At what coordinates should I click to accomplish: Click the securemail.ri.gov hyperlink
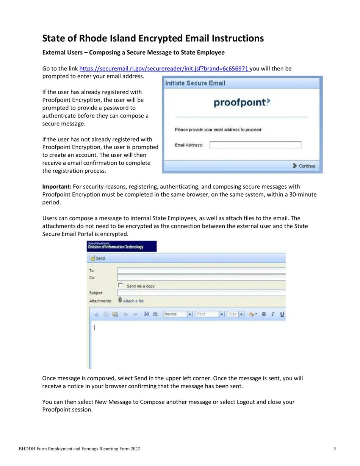[164, 69]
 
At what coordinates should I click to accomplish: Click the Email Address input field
[255, 145]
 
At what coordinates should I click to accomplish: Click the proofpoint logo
[242, 103]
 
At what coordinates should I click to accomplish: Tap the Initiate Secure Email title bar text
[195, 83]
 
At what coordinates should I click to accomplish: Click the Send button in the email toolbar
[97, 258]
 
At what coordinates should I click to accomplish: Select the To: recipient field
[201, 271]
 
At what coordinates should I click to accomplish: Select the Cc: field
[201, 278]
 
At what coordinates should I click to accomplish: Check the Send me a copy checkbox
[121, 285]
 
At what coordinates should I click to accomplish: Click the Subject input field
[201, 293]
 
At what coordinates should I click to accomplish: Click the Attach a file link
[133, 301]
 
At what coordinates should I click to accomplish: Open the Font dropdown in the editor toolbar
[222, 314]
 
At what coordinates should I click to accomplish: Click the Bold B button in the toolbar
[264, 314]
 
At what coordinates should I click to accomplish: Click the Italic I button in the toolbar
[273, 314]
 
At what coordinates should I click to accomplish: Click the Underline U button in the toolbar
[282, 314]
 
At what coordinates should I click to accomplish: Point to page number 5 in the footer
[335, 449]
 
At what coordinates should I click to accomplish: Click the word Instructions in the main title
[238, 39]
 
